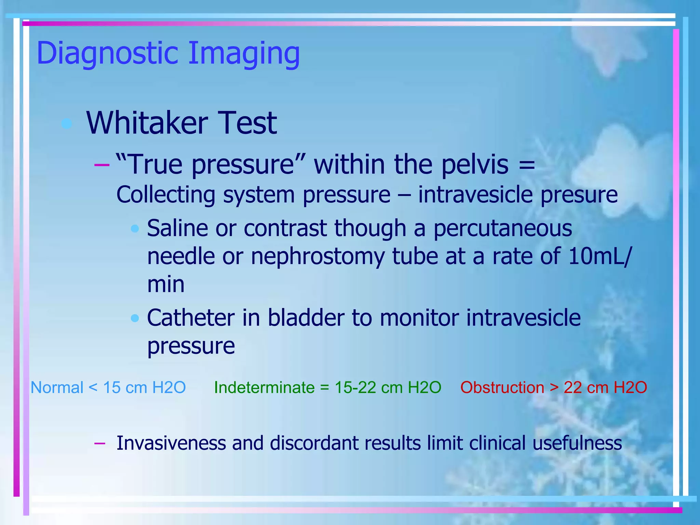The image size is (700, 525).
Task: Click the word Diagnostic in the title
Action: point(108,53)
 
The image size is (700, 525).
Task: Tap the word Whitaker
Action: point(147,123)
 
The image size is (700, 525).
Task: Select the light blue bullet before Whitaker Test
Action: point(67,123)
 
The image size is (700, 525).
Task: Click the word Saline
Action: point(177,228)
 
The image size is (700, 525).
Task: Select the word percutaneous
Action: point(502,229)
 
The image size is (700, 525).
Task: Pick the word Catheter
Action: point(191,318)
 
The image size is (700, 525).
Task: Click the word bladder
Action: point(306,318)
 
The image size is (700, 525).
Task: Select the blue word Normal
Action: point(57,388)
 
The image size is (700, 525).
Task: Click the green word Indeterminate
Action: point(264,388)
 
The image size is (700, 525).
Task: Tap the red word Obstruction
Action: point(502,388)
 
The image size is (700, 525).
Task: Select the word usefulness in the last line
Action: point(577,443)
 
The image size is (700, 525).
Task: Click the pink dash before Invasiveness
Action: point(99,443)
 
